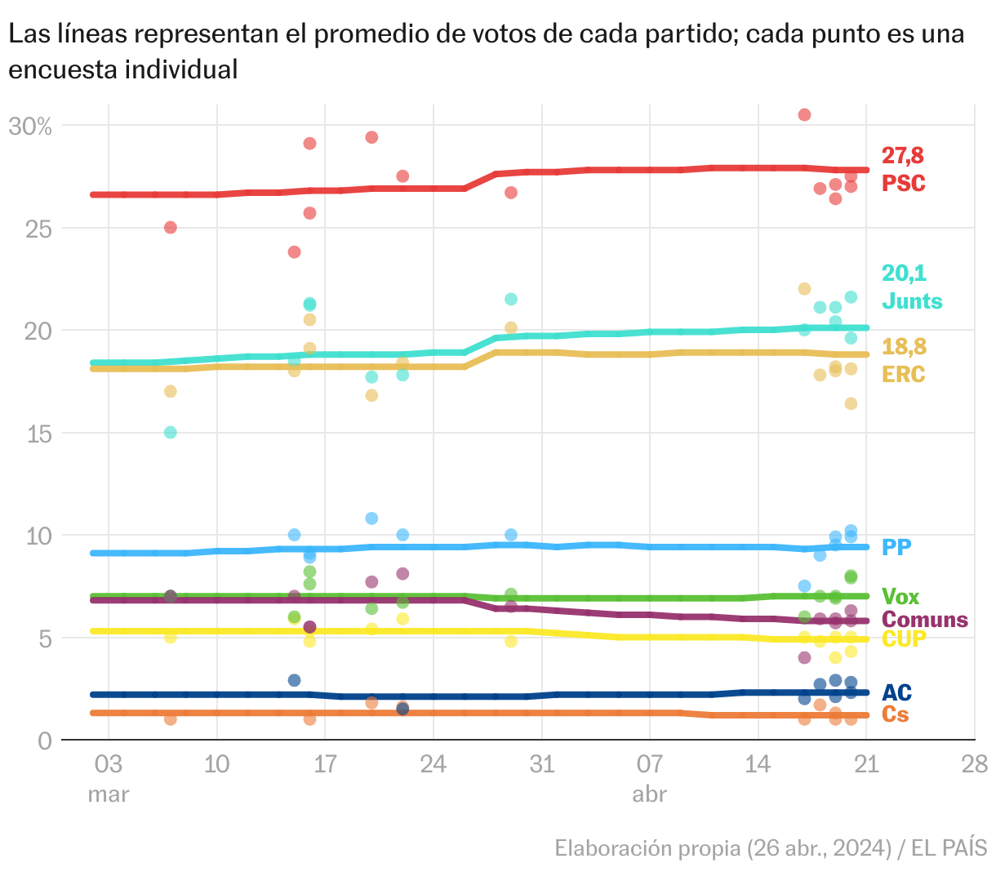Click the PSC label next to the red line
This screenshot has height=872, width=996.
coord(904,183)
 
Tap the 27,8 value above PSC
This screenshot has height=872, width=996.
coord(902,155)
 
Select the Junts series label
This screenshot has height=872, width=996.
coord(912,301)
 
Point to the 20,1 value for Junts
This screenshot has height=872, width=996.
coord(904,273)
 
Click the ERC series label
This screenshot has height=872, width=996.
coord(904,375)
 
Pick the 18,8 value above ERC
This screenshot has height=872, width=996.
coord(905,347)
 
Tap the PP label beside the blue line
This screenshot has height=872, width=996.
coord(896,547)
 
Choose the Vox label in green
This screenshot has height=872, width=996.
coord(900,597)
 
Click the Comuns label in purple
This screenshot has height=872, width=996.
coord(925,620)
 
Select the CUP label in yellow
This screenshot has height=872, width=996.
coord(904,639)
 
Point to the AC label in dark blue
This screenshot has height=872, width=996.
coord(896,693)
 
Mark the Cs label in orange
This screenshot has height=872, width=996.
coord(895,714)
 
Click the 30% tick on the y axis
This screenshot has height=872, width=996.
coord(30,127)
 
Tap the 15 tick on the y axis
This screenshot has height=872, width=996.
coord(40,434)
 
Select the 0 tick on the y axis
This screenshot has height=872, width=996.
coord(45,741)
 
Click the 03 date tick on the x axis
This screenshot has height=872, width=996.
coord(108,765)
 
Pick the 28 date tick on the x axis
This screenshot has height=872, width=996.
coord(975,765)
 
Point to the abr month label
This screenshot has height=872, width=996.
coord(649,794)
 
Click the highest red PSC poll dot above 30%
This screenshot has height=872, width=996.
coord(804,114)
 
